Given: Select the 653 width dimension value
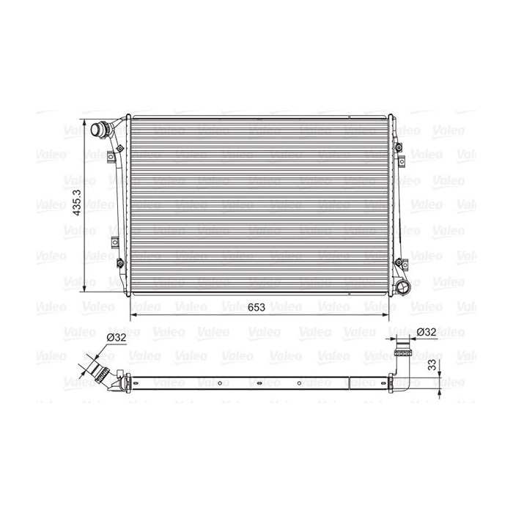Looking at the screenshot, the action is click(256, 307).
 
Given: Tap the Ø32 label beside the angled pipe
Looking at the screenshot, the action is click(117, 337).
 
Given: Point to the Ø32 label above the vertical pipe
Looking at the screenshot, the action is click(427, 332).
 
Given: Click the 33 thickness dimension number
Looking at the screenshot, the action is click(432, 364).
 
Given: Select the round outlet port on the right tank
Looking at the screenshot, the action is click(403, 287).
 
